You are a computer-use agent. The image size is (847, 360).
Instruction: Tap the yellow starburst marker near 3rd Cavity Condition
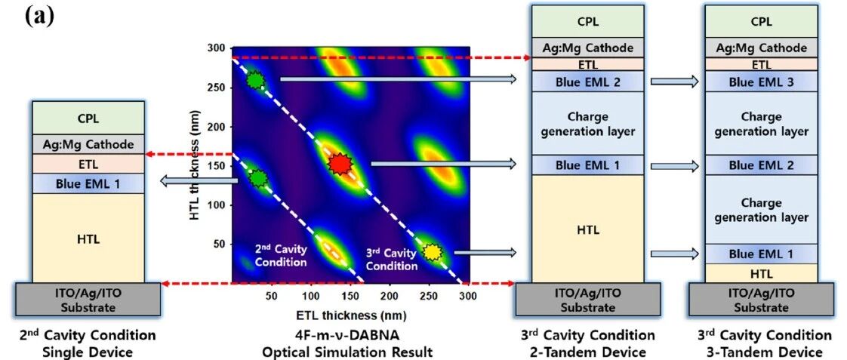click(x=432, y=251)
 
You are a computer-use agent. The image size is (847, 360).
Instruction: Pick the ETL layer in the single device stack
click(x=88, y=164)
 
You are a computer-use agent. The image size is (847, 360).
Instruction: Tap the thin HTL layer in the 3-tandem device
click(x=762, y=273)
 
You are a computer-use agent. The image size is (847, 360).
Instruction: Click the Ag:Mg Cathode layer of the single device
click(x=88, y=144)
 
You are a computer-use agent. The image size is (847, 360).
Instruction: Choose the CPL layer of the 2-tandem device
click(x=588, y=22)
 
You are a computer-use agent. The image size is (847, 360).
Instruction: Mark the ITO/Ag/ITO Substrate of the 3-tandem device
click(x=762, y=300)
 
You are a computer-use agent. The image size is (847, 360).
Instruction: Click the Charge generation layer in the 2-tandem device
click(x=588, y=124)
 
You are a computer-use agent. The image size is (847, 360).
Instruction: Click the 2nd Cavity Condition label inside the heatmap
click(x=281, y=255)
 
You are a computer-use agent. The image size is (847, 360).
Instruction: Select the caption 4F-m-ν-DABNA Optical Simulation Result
click(x=347, y=344)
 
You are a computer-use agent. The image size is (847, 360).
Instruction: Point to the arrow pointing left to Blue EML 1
click(x=200, y=183)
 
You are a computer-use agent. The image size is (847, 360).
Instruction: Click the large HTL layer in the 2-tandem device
click(x=588, y=229)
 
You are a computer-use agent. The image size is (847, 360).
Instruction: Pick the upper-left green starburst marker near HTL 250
click(x=255, y=81)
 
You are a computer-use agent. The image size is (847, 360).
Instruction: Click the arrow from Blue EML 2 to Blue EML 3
click(x=675, y=82)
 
